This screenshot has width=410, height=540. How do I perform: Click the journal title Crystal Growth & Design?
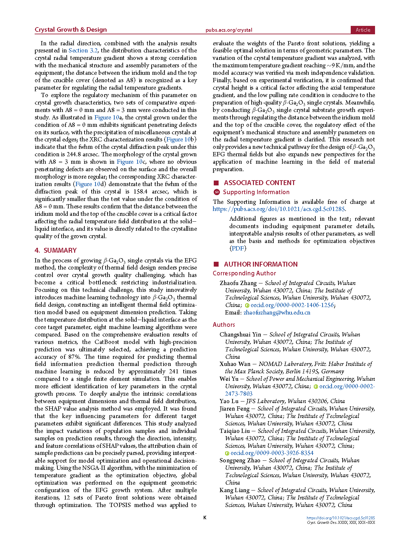click(x=71, y=30)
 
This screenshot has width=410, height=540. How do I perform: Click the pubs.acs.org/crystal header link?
click(x=229, y=30)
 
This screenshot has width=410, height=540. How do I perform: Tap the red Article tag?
click(x=363, y=30)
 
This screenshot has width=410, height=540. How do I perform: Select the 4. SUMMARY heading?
click(x=56, y=250)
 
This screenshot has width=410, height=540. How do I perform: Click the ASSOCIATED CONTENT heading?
click(x=259, y=183)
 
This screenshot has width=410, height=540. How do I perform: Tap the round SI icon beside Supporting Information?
click(x=217, y=192)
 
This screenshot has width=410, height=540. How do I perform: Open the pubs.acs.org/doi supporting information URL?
click(x=279, y=209)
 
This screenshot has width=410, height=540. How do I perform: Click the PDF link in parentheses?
click(x=238, y=248)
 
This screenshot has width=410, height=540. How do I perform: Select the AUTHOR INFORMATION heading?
click(x=260, y=264)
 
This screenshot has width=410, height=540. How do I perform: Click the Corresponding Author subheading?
click(x=244, y=273)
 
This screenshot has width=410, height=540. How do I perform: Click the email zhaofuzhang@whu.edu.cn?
click(x=277, y=313)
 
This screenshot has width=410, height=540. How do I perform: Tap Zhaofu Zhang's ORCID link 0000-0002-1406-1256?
click(x=292, y=305)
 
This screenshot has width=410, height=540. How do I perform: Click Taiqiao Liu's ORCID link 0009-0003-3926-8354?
click(x=272, y=453)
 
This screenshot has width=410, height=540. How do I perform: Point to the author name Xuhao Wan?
click(x=235, y=364)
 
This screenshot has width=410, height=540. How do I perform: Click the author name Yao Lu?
click(x=229, y=401)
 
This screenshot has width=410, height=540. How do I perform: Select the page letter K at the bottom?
click(x=205, y=518)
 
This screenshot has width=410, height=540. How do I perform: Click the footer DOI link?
click(x=341, y=518)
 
